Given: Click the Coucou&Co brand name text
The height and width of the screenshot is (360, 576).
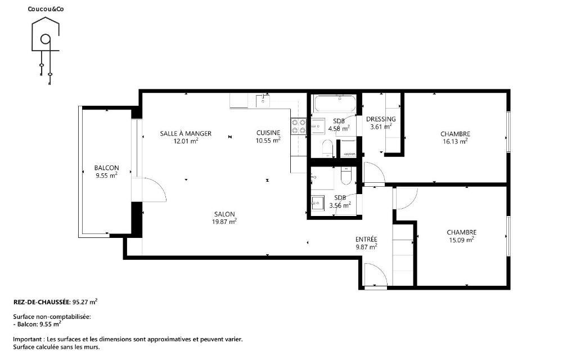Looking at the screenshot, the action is (46, 9).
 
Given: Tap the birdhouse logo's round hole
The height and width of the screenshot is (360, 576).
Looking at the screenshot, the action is (46, 39).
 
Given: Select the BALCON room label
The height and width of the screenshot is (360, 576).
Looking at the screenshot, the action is (106, 168).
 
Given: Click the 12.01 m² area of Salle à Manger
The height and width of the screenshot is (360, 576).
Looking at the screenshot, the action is (186, 141).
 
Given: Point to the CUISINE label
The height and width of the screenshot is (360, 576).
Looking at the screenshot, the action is (268, 133).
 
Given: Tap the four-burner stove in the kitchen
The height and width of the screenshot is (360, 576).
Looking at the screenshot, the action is (298, 125).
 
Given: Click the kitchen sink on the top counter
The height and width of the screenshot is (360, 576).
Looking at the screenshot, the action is (263, 100).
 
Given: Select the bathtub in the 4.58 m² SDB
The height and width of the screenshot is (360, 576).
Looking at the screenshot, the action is (335, 104).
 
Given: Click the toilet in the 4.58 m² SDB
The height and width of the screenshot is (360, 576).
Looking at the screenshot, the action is (327, 148).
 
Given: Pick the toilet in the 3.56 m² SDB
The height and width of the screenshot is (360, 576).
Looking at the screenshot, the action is (346, 175).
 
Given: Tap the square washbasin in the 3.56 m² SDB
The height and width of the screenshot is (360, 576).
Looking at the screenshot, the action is (318, 202).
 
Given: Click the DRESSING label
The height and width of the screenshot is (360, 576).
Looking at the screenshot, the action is (381, 119).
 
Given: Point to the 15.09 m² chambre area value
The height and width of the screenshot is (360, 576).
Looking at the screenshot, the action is (461, 240).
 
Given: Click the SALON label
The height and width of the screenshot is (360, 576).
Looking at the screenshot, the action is (224, 214).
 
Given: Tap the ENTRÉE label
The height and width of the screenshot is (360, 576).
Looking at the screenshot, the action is (366, 239).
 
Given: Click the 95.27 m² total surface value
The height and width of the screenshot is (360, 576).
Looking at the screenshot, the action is (85, 302).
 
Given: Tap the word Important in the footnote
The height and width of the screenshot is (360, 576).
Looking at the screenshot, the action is (28, 339).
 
